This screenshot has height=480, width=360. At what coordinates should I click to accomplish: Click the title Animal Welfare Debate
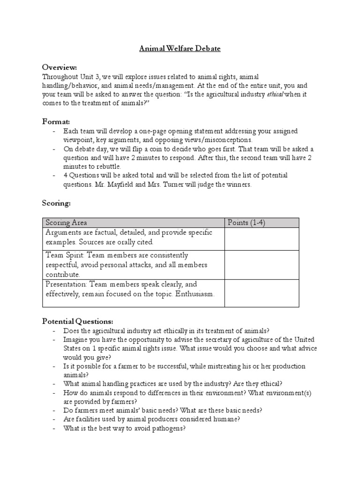[180, 48]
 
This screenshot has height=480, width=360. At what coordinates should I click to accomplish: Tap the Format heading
[56, 121]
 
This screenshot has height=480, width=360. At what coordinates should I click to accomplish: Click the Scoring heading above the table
[56, 204]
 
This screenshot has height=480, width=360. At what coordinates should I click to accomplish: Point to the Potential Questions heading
[77, 321]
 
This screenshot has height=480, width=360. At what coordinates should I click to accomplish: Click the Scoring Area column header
[66, 223]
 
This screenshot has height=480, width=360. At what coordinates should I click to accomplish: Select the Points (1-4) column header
[246, 223]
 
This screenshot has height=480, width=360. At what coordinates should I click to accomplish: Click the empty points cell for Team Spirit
[262, 264]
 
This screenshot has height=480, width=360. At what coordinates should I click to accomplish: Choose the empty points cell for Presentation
[262, 293]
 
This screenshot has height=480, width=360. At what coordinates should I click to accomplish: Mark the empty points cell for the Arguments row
[262, 239]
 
